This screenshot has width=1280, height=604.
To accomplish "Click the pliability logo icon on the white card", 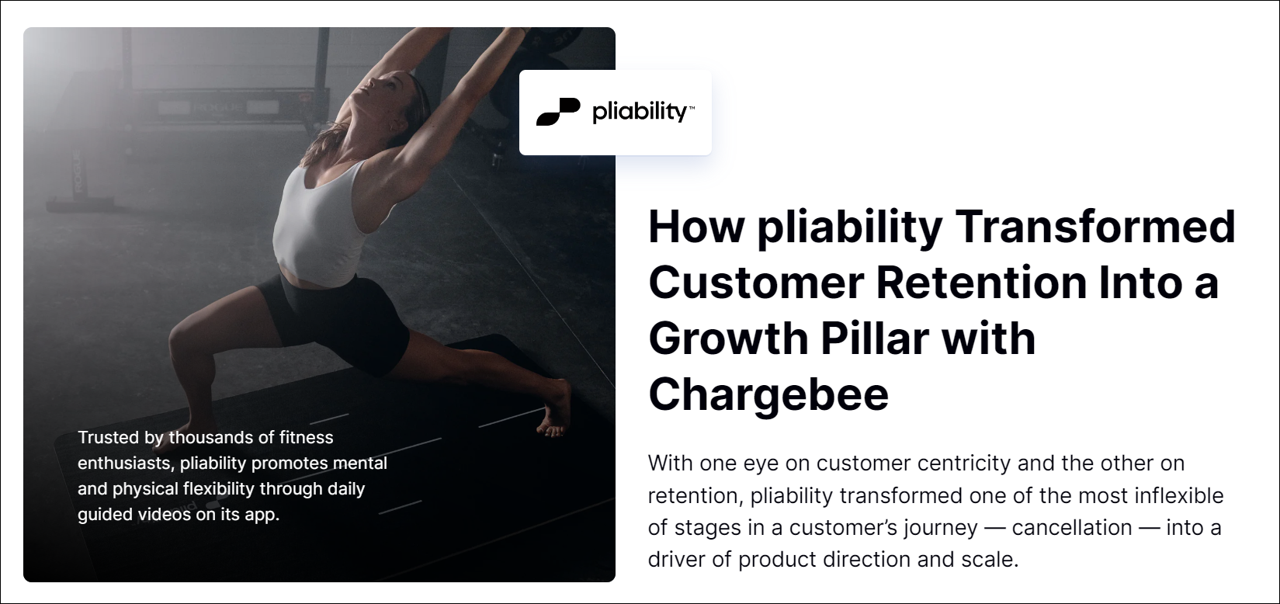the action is [x=558, y=112].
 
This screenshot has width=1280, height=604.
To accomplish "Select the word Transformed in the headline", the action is [x=1095, y=226].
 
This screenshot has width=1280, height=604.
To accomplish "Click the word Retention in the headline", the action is [x=980, y=283].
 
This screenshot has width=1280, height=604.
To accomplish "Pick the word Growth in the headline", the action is [x=728, y=338].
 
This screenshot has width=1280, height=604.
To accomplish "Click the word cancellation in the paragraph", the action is [x=1071, y=527].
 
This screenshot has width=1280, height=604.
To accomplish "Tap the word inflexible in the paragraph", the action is [x=1179, y=495].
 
